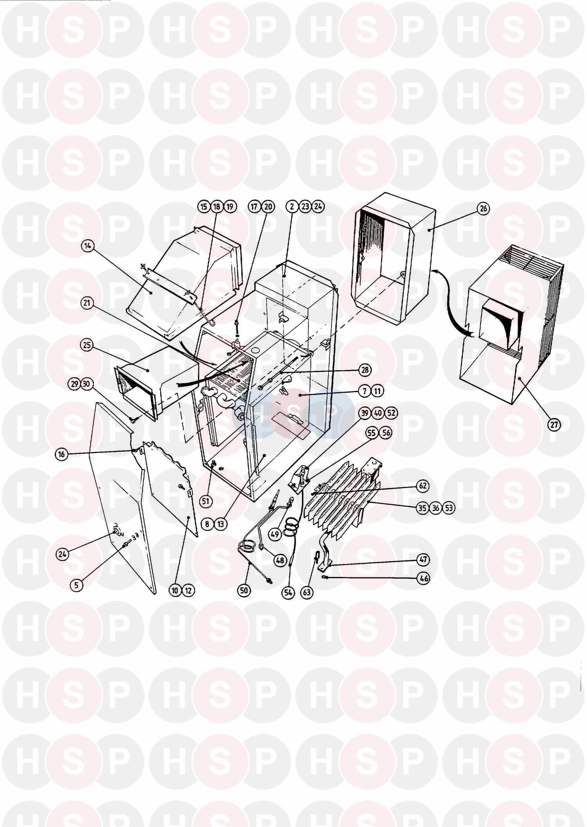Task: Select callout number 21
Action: click(88, 303)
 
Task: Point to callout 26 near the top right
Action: click(484, 208)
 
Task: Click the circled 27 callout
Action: click(555, 425)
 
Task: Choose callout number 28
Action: click(366, 370)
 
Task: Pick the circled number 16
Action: click(62, 454)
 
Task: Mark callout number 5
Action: click(76, 586)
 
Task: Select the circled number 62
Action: click(423, 486)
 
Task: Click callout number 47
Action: click(424, 560)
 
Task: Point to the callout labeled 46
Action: click(424, 578)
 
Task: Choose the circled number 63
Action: click(306, 593)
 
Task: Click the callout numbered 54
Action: click(289, 593)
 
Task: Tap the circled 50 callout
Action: click(244, 590)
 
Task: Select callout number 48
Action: click(280, 560)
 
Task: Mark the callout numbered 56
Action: click(386, 433)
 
